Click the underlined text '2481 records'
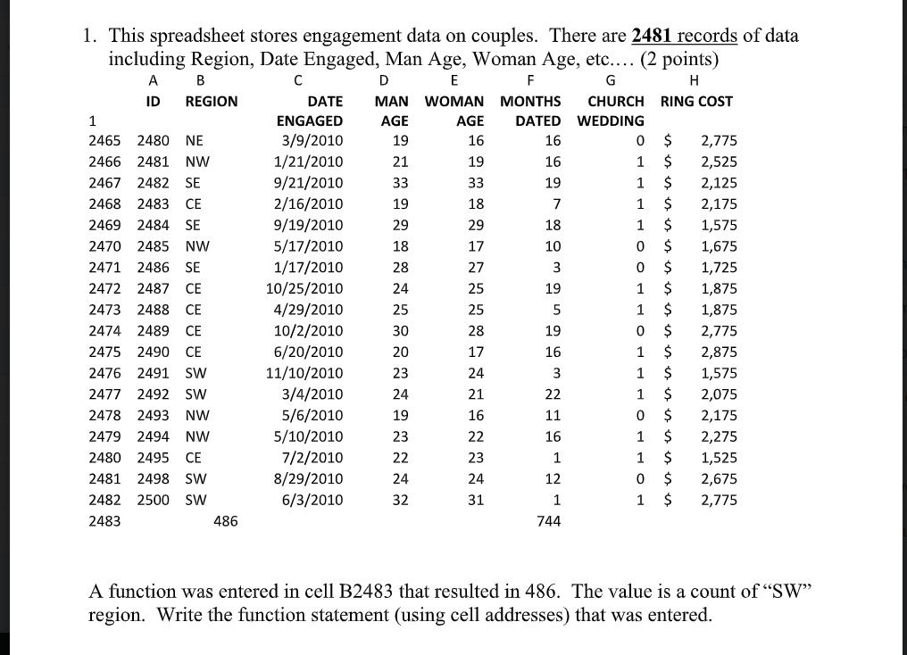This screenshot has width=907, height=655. pos(684,37)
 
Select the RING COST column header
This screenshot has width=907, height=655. pos(696,101)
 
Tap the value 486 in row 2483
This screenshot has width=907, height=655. pos(226,521)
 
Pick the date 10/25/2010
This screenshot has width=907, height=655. pos(304,289)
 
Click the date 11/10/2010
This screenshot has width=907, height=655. pos(304,373)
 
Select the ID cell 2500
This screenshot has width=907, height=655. pos(152,500)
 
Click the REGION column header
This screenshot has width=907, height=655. pos(212,101)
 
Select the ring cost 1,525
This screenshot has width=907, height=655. pos(719,458)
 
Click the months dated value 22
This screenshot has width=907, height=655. pos(553,394)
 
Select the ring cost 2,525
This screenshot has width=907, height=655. pos(719,162)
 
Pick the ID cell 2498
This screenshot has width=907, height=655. pos(152,479)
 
